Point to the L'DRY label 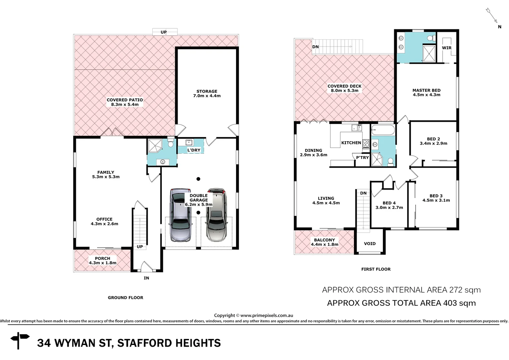pos(194,150)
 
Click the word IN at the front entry pos(146,278)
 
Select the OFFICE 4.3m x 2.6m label pos(104,221)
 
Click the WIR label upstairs pos(447,48)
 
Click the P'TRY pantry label pos(362,157)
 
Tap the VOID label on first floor pos(370,244)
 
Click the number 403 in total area pos(451,303)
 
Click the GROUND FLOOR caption pos(125,298)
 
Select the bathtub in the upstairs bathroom pos(383,130)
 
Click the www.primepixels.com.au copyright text pos(266,315)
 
